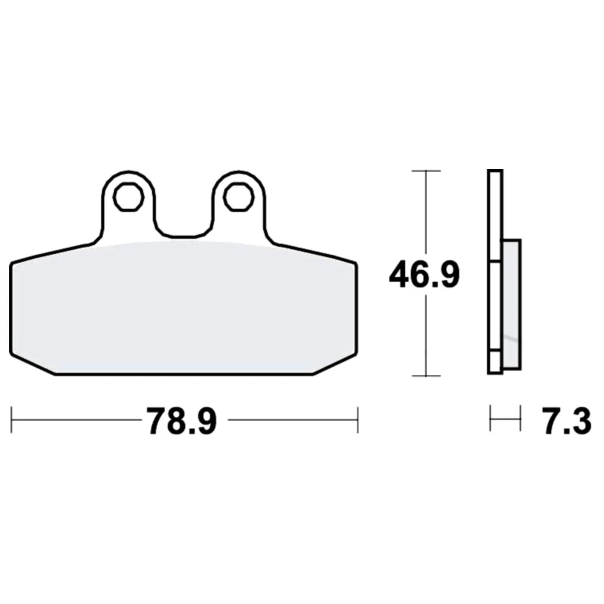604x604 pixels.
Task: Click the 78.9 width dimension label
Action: pos(181,421)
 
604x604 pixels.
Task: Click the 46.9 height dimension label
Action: pos(424,275)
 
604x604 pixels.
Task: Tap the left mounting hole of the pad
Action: pos(128,198)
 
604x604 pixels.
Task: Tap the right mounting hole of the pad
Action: pos(239,198)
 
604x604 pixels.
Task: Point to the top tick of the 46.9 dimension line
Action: pos(426,171)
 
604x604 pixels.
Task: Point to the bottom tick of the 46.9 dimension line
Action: pos(426,376)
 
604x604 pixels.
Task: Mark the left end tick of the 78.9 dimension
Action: pos(11,420)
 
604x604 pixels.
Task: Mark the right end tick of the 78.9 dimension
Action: pos(358,420)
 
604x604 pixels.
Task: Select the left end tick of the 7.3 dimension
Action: pos(490,418)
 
